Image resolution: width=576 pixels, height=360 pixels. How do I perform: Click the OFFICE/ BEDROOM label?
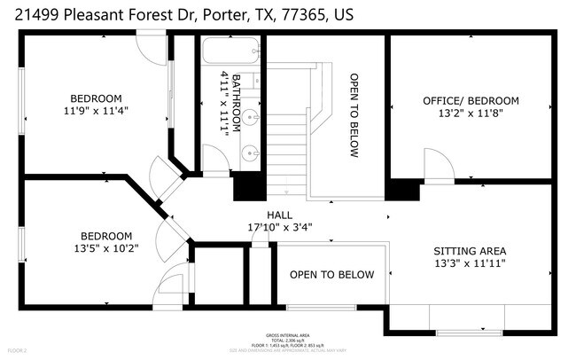[471, 101]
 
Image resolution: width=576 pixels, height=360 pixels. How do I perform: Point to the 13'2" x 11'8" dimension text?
[471, 114]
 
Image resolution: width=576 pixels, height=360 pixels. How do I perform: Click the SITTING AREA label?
[470, 251]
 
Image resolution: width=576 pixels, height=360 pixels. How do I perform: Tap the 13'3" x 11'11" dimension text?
[470, 264]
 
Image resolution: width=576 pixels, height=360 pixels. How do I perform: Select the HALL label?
[279, 215]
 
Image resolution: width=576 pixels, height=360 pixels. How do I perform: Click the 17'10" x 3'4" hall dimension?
[279, 227]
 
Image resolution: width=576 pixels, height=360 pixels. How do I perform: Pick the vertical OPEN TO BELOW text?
[354, 115]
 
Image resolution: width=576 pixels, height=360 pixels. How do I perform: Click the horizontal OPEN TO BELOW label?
[331, 275]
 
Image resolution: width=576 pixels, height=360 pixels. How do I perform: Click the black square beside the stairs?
[248, 186]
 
